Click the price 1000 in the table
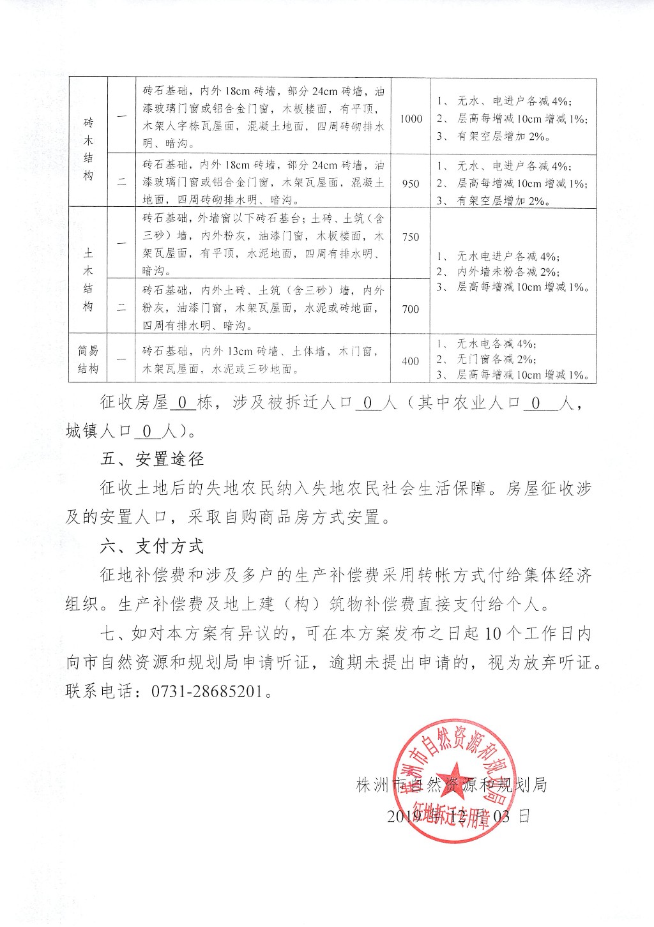click(411, 119)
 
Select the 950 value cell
click(411, 184)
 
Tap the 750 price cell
click(411, 237)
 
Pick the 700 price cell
click(411, 309)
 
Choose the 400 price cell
click(411, 361)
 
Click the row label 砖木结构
click(88, 149)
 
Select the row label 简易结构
click(88, 359)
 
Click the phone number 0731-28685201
click(207, 691)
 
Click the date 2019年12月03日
click(458, 816)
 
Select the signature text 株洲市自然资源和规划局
click(451, 785)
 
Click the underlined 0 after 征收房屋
click(182, 403)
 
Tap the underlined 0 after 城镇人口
click(147, 432)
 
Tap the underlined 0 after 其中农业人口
click(536, 403)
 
